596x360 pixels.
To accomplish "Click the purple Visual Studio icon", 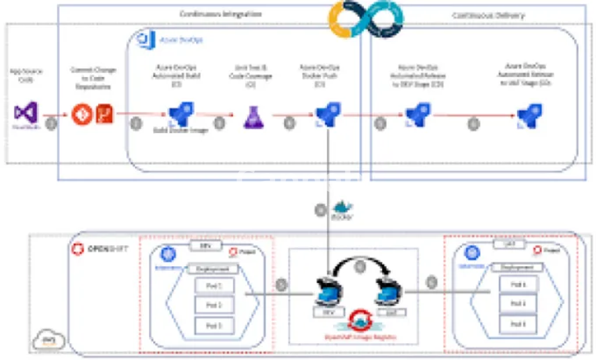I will (x=26, y=112).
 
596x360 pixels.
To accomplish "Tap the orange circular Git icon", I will (x=82, y=114).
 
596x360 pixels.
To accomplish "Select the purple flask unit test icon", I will (x=254, y=118).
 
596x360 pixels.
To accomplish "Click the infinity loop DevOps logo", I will (x=366, y=19).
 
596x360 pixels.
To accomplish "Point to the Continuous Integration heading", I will (x=221, y=14).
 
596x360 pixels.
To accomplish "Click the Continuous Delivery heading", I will (x=488, y=16).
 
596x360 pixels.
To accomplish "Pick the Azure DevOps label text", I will (x=181, y=40).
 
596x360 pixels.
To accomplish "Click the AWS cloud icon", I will (x=49, y=340).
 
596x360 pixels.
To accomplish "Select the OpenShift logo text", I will (x=107, y=249).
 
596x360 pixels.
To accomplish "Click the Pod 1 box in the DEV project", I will (x=214, y=286).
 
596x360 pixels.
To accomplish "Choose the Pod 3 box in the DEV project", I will (x=214, y=326).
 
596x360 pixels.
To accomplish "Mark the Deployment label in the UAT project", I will (x=517, y=267).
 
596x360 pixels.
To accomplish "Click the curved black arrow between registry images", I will (x=360, y=262).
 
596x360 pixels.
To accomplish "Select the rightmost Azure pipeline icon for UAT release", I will (x=530, y=115).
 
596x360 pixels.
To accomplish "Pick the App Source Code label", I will (x=26, y=75).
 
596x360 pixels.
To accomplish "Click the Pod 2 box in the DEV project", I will (x=214, y=305).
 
